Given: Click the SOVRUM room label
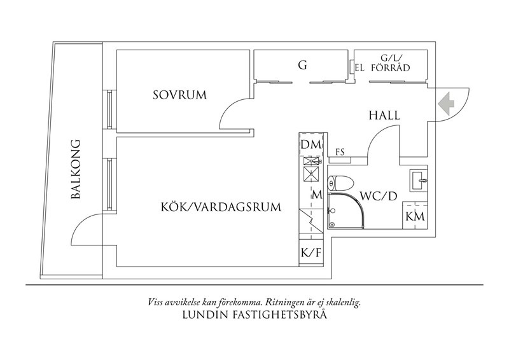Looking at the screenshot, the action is point(179,95).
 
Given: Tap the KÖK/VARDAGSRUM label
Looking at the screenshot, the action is point(221,207).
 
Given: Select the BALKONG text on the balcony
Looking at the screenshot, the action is point(75,169).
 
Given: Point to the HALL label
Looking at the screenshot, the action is point(384,115).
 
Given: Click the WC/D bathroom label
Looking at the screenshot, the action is point(379,196).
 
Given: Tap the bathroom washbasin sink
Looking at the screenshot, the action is point(418,179).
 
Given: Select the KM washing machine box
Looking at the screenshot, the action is point(415,215).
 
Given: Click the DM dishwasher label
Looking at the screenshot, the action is point(310,144).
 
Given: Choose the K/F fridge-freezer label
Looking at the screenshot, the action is point(310,253).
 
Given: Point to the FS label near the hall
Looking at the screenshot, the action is point(340,151).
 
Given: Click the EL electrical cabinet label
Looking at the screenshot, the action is point(359,68).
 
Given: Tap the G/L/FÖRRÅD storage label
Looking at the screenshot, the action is point(391,63).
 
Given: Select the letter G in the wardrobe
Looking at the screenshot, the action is point(302,65).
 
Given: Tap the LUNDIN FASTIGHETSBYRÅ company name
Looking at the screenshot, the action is point(254,315).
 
